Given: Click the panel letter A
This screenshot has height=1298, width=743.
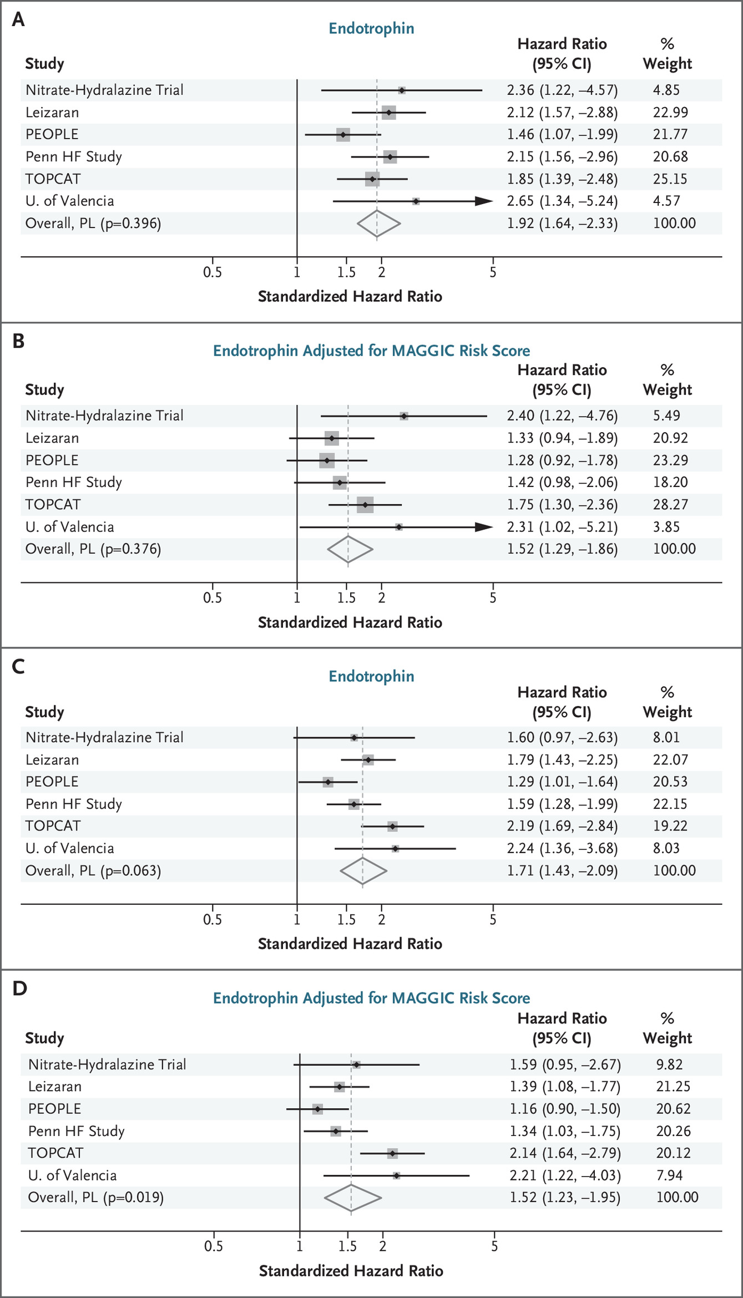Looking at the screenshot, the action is pos(18,19).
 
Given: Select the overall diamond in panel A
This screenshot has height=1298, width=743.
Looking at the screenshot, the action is pos(378,224).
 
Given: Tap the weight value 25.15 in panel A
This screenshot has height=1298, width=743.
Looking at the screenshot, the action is pos(670,179).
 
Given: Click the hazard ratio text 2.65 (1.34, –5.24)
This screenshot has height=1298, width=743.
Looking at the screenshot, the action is pos(562,201).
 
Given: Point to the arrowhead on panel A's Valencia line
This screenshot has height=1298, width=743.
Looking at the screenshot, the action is pos(484,201).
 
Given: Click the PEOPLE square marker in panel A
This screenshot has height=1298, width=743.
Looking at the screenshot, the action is pos(343,135).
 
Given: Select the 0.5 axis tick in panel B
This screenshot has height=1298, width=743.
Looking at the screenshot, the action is pos(213,598).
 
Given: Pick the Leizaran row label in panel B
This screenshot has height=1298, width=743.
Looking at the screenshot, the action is pos(52,438).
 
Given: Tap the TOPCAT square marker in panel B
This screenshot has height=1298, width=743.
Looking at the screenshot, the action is pos(365,505).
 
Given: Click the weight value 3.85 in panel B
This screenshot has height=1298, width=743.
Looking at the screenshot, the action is pos(666,527).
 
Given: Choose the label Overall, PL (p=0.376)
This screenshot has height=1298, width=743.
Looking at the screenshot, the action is pos(93,549).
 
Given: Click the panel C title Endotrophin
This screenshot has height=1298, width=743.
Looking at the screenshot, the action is pos(371,676).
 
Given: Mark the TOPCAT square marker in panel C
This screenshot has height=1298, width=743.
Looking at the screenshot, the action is pos(392,827).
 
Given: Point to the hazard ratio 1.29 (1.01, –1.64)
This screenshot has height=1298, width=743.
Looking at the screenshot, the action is pos(562,782).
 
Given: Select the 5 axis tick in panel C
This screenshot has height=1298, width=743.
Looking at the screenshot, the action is pos(493,920).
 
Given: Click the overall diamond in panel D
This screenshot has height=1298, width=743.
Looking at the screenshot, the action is pos(352,1198).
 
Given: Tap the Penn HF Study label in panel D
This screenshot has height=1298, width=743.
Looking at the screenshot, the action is pos(76,1131).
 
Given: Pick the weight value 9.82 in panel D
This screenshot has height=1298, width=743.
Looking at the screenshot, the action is pos(669,1064).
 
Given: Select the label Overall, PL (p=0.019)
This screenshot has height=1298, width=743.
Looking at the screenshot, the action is pos(96,1198).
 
